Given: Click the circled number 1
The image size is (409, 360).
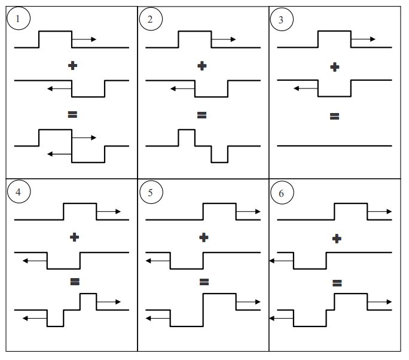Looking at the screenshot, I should click(x=19, y=19).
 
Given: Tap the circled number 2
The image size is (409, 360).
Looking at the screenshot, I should click(x=150, y=19).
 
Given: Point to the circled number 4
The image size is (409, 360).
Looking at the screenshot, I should click(x=19, y=193).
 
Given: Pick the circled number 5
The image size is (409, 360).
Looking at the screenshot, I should click(x=150, y=193).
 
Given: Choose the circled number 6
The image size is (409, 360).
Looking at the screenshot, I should click(x=282, y=194).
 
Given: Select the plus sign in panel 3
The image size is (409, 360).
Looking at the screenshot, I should click(x=335, y=67).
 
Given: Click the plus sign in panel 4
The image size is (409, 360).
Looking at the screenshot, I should click(x=74, y=237).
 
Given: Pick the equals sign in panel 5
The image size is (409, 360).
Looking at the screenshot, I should click(x=204, y=281).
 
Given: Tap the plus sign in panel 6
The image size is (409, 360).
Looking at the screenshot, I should click(x=337, y=239).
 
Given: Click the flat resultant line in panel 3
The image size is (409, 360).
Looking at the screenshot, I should click(x=335, y=145).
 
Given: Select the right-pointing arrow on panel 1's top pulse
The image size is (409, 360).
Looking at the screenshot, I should click(x=84, y=39).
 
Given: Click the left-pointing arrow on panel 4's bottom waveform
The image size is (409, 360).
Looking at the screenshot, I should click(x=35, y=319).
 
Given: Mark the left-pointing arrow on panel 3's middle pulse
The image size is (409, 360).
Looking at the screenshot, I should click(x=306, y=89).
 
